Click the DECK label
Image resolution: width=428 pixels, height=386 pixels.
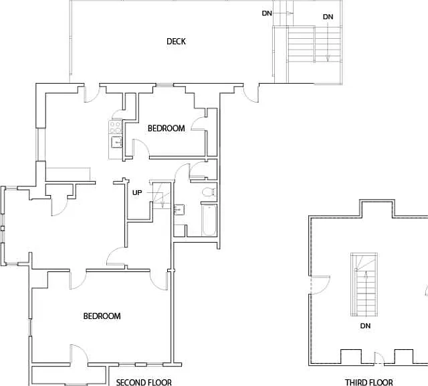tap(176, 42)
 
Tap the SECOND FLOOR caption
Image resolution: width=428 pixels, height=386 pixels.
tap(144, 382)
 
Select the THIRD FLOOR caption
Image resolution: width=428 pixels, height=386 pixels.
tap(369, 382)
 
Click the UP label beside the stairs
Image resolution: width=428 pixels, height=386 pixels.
tap(137, 192)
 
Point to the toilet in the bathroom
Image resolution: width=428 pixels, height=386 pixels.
tap(209, 192)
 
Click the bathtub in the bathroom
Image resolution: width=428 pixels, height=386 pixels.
tap(209, 219)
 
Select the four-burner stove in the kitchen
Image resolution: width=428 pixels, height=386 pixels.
tap(115, 127)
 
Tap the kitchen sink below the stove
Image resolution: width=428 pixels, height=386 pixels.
tap(116, 142)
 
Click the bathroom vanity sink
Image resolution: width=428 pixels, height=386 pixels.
tap(179, 210)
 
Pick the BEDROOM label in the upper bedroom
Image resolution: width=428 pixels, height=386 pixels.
tap(167, 128)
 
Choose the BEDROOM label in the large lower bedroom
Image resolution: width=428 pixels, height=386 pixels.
tap(102, 316)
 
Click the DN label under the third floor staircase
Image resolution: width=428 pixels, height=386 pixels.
tap(365, 326)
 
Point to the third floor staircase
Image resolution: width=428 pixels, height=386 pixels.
tap(364, 285)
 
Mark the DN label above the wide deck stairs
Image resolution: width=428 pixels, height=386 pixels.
tap(328, 17)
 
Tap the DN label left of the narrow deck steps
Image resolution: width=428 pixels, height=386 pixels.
tap(267, 13)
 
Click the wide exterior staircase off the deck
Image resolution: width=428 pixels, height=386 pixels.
tap(314, 55)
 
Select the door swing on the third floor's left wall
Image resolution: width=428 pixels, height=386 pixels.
tap(320, 285)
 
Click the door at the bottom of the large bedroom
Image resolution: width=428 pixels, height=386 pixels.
tap(79, 355)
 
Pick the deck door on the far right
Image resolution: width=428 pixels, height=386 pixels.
tap(251, 94)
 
